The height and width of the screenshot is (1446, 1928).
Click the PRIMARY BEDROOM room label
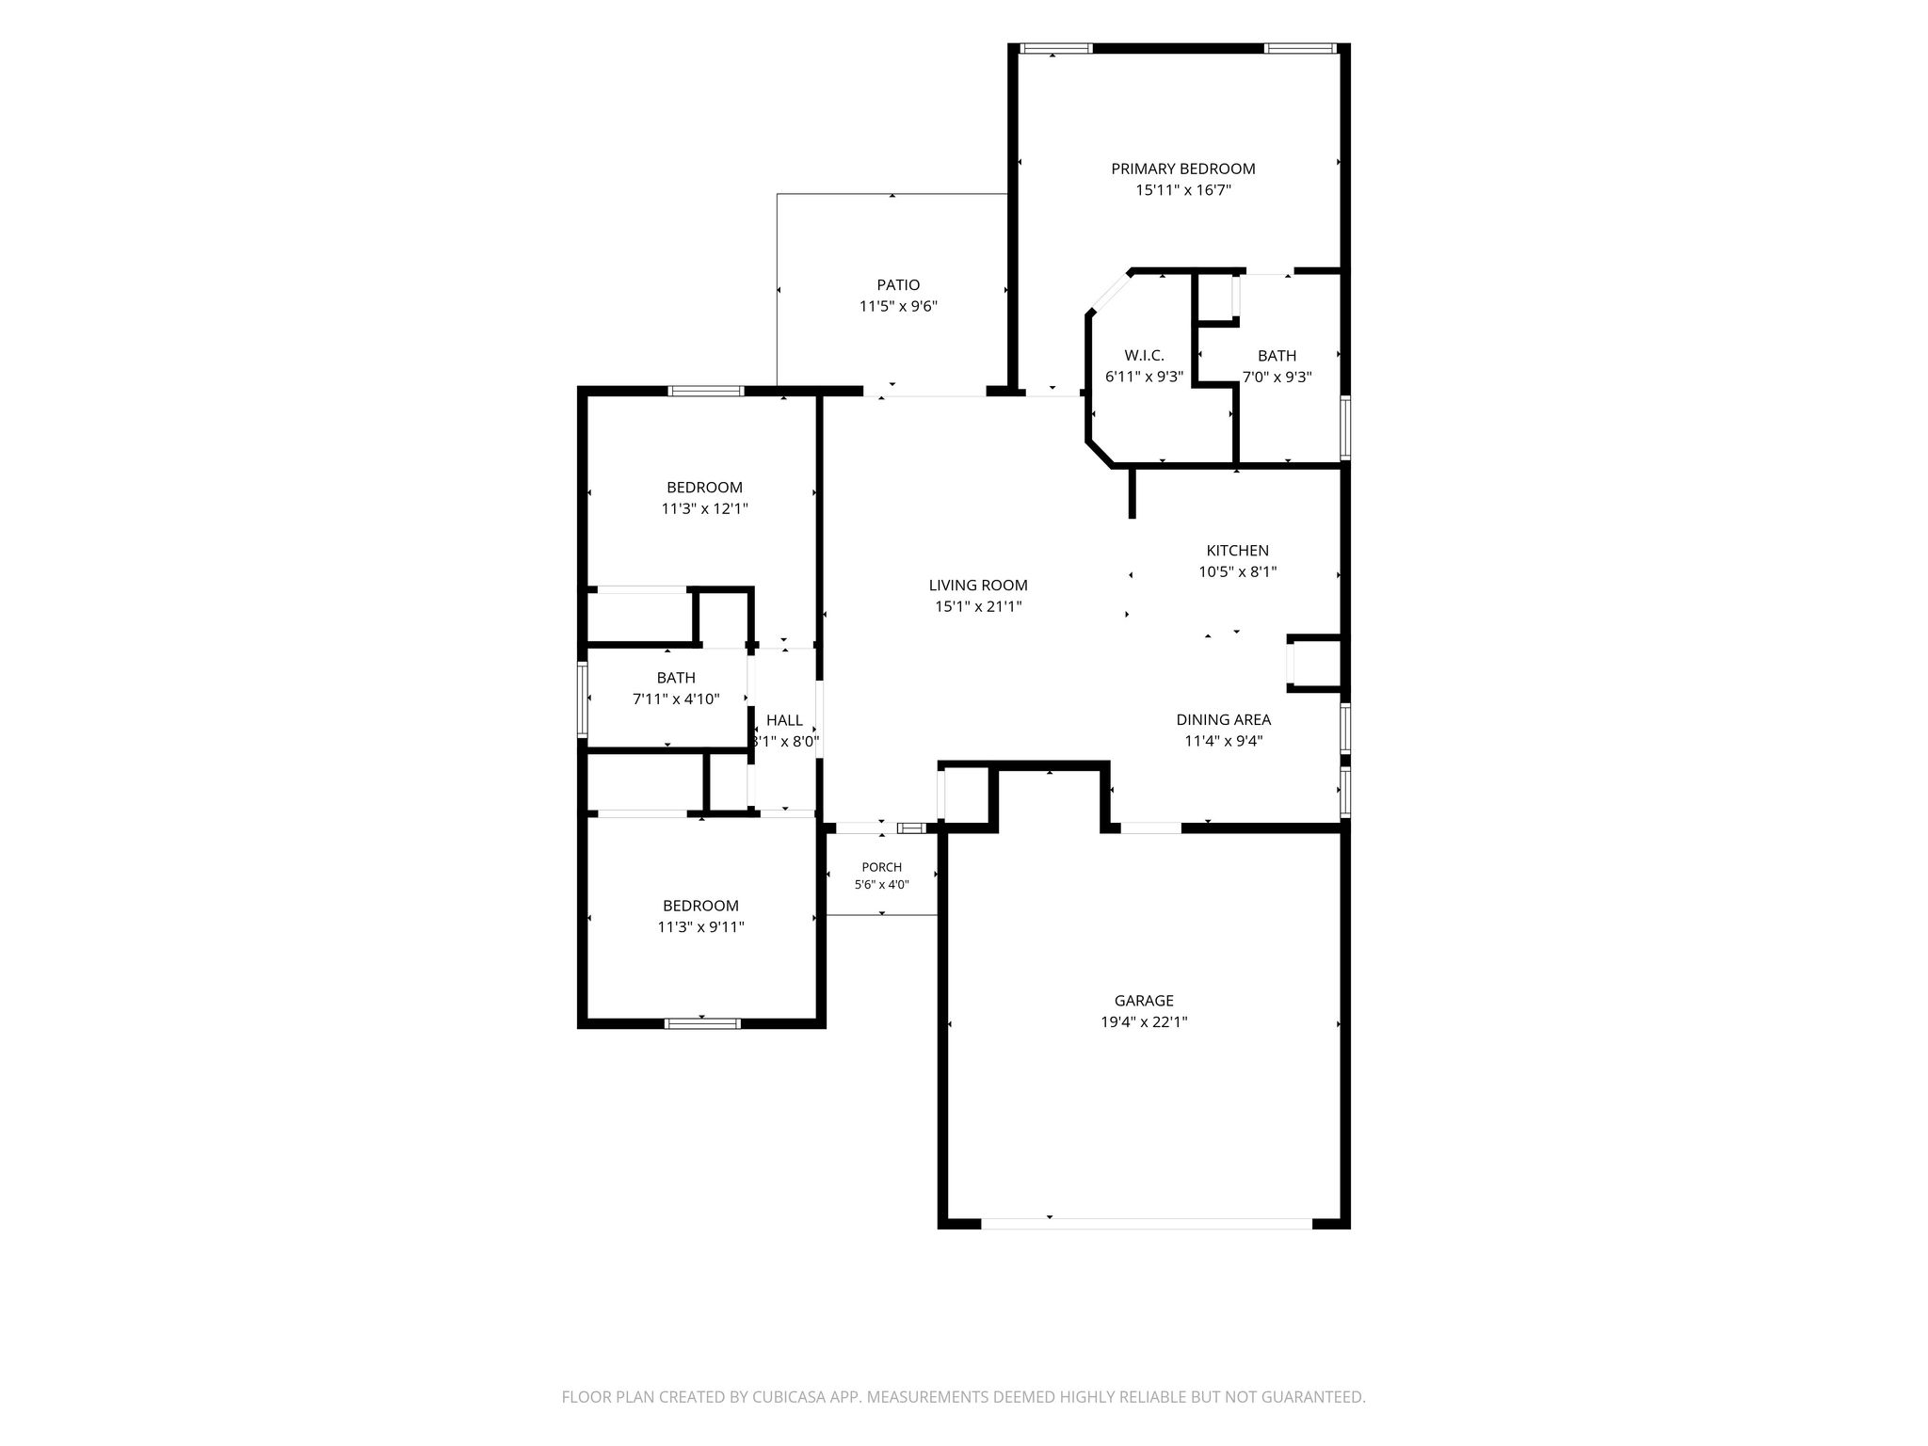click(x=1183, y=169)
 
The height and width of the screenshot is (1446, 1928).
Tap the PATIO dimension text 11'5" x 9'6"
click(x=898, y=306)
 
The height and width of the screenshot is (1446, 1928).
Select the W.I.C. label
click(x=1144, y=356)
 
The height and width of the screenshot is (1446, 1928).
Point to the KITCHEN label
click(x=1238, y=551)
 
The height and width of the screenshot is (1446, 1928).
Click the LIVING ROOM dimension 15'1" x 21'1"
click(x=978, y=607)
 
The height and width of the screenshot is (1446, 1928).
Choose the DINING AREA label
click(x=1223, y=720)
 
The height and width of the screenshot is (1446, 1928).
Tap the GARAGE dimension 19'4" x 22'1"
click(x=1144, y=1022)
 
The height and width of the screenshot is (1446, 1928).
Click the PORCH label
click(x=881, y=867)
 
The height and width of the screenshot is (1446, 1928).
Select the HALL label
click(x=784, y=720)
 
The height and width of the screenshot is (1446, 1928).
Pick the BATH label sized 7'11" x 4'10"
click(x=676, y=678)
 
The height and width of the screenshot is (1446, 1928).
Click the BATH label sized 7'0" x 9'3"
click(x=1277, y=356)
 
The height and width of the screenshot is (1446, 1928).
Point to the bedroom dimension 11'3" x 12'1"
click(x=704, y=509)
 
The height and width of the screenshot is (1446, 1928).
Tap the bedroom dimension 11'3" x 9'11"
click(x=700, y=927)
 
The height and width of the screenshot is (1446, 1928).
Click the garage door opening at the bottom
click(x=1147, y=1223)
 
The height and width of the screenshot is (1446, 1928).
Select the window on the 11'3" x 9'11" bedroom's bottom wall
click(x=701, y=1023)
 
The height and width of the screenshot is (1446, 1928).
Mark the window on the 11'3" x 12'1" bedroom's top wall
click(x=706, y=391)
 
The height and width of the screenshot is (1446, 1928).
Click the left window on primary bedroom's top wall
click(x=1055, y=48)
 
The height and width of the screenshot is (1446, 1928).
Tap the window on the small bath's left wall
click(x=583, y=699)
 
